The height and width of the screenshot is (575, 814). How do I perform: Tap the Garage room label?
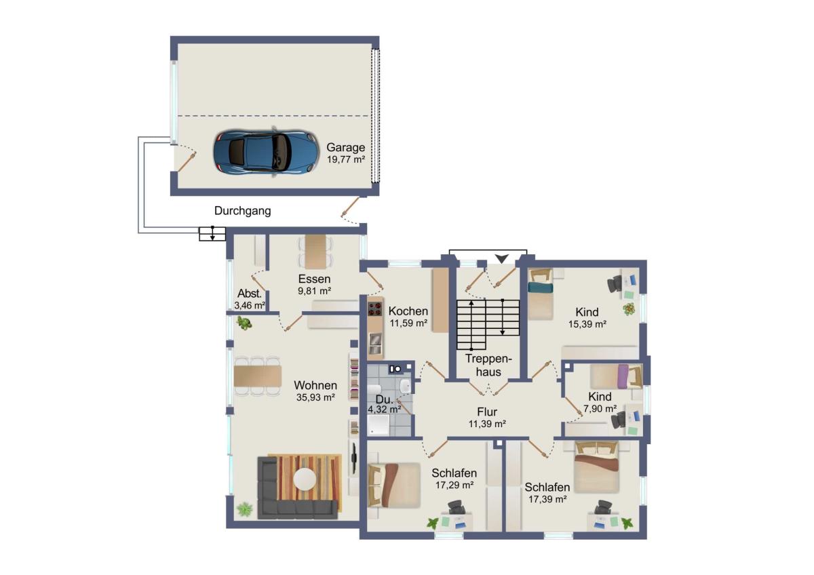[x=345, y=147]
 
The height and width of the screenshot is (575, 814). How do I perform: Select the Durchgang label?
[x=242, y=211]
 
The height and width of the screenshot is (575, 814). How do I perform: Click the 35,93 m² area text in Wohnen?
[x=315, y=397]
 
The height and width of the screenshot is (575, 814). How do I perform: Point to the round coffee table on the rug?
[x=305, y=479]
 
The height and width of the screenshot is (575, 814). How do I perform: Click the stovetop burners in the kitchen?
[x=375, y=309]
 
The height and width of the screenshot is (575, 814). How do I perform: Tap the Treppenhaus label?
[x=488, y=365]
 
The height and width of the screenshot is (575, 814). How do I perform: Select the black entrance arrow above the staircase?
[x=501, y=258]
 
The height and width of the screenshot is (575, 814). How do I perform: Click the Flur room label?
[x=487, y=412]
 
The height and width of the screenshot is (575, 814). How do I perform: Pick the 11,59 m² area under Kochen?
[x=408, y=323]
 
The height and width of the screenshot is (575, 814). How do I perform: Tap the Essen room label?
[x=314, y=279]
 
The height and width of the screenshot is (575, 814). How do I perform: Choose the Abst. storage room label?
[x=250, y=293]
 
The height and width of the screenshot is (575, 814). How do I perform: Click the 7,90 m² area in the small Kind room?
[x=600, y=409]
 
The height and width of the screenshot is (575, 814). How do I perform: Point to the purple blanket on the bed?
[x=623, y=376]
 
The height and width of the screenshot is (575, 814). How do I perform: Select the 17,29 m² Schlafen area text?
[x=454, y=485]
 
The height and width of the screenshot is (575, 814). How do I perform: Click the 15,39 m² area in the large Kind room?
[x=587, y=324]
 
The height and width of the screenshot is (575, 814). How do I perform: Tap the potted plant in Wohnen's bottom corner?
[x=245, y=509]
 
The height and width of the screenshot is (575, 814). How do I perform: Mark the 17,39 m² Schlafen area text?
[x=547, y=499]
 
